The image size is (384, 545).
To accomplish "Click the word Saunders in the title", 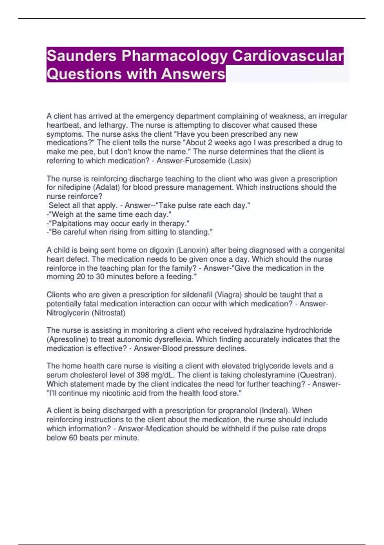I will point(82,56).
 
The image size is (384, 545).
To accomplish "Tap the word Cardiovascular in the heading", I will point(288,56).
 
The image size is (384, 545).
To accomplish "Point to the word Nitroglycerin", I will point(68,313).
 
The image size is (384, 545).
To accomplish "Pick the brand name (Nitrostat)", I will point(108,313).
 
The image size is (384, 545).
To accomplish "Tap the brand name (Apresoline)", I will point(68,340).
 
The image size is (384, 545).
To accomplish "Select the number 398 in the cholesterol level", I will point(142,375).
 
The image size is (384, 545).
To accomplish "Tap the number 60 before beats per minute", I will point(73,438).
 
